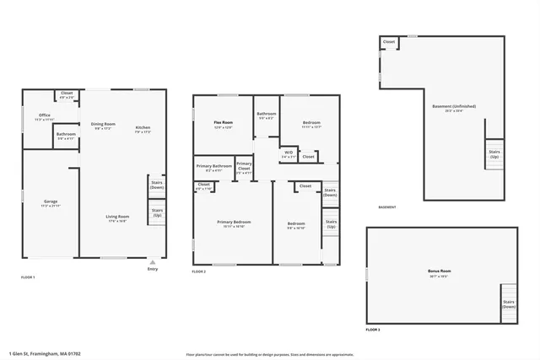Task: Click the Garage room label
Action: (x=51, y=202)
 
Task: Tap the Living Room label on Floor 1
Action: (x=116, y=218)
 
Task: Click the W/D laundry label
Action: (x=289, y=153)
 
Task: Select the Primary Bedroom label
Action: (x=233, y=224)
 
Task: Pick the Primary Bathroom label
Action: (x=213, y=168)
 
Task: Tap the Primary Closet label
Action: (x=244, y=166)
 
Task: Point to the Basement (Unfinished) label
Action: (x=453, y=107)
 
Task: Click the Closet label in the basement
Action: (x=389, y=41)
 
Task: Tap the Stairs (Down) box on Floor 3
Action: (x=509, y=304)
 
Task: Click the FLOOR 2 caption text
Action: (x=199, y=272)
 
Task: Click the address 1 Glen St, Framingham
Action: (x=45, y=353)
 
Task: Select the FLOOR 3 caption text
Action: (x=373, y=330)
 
